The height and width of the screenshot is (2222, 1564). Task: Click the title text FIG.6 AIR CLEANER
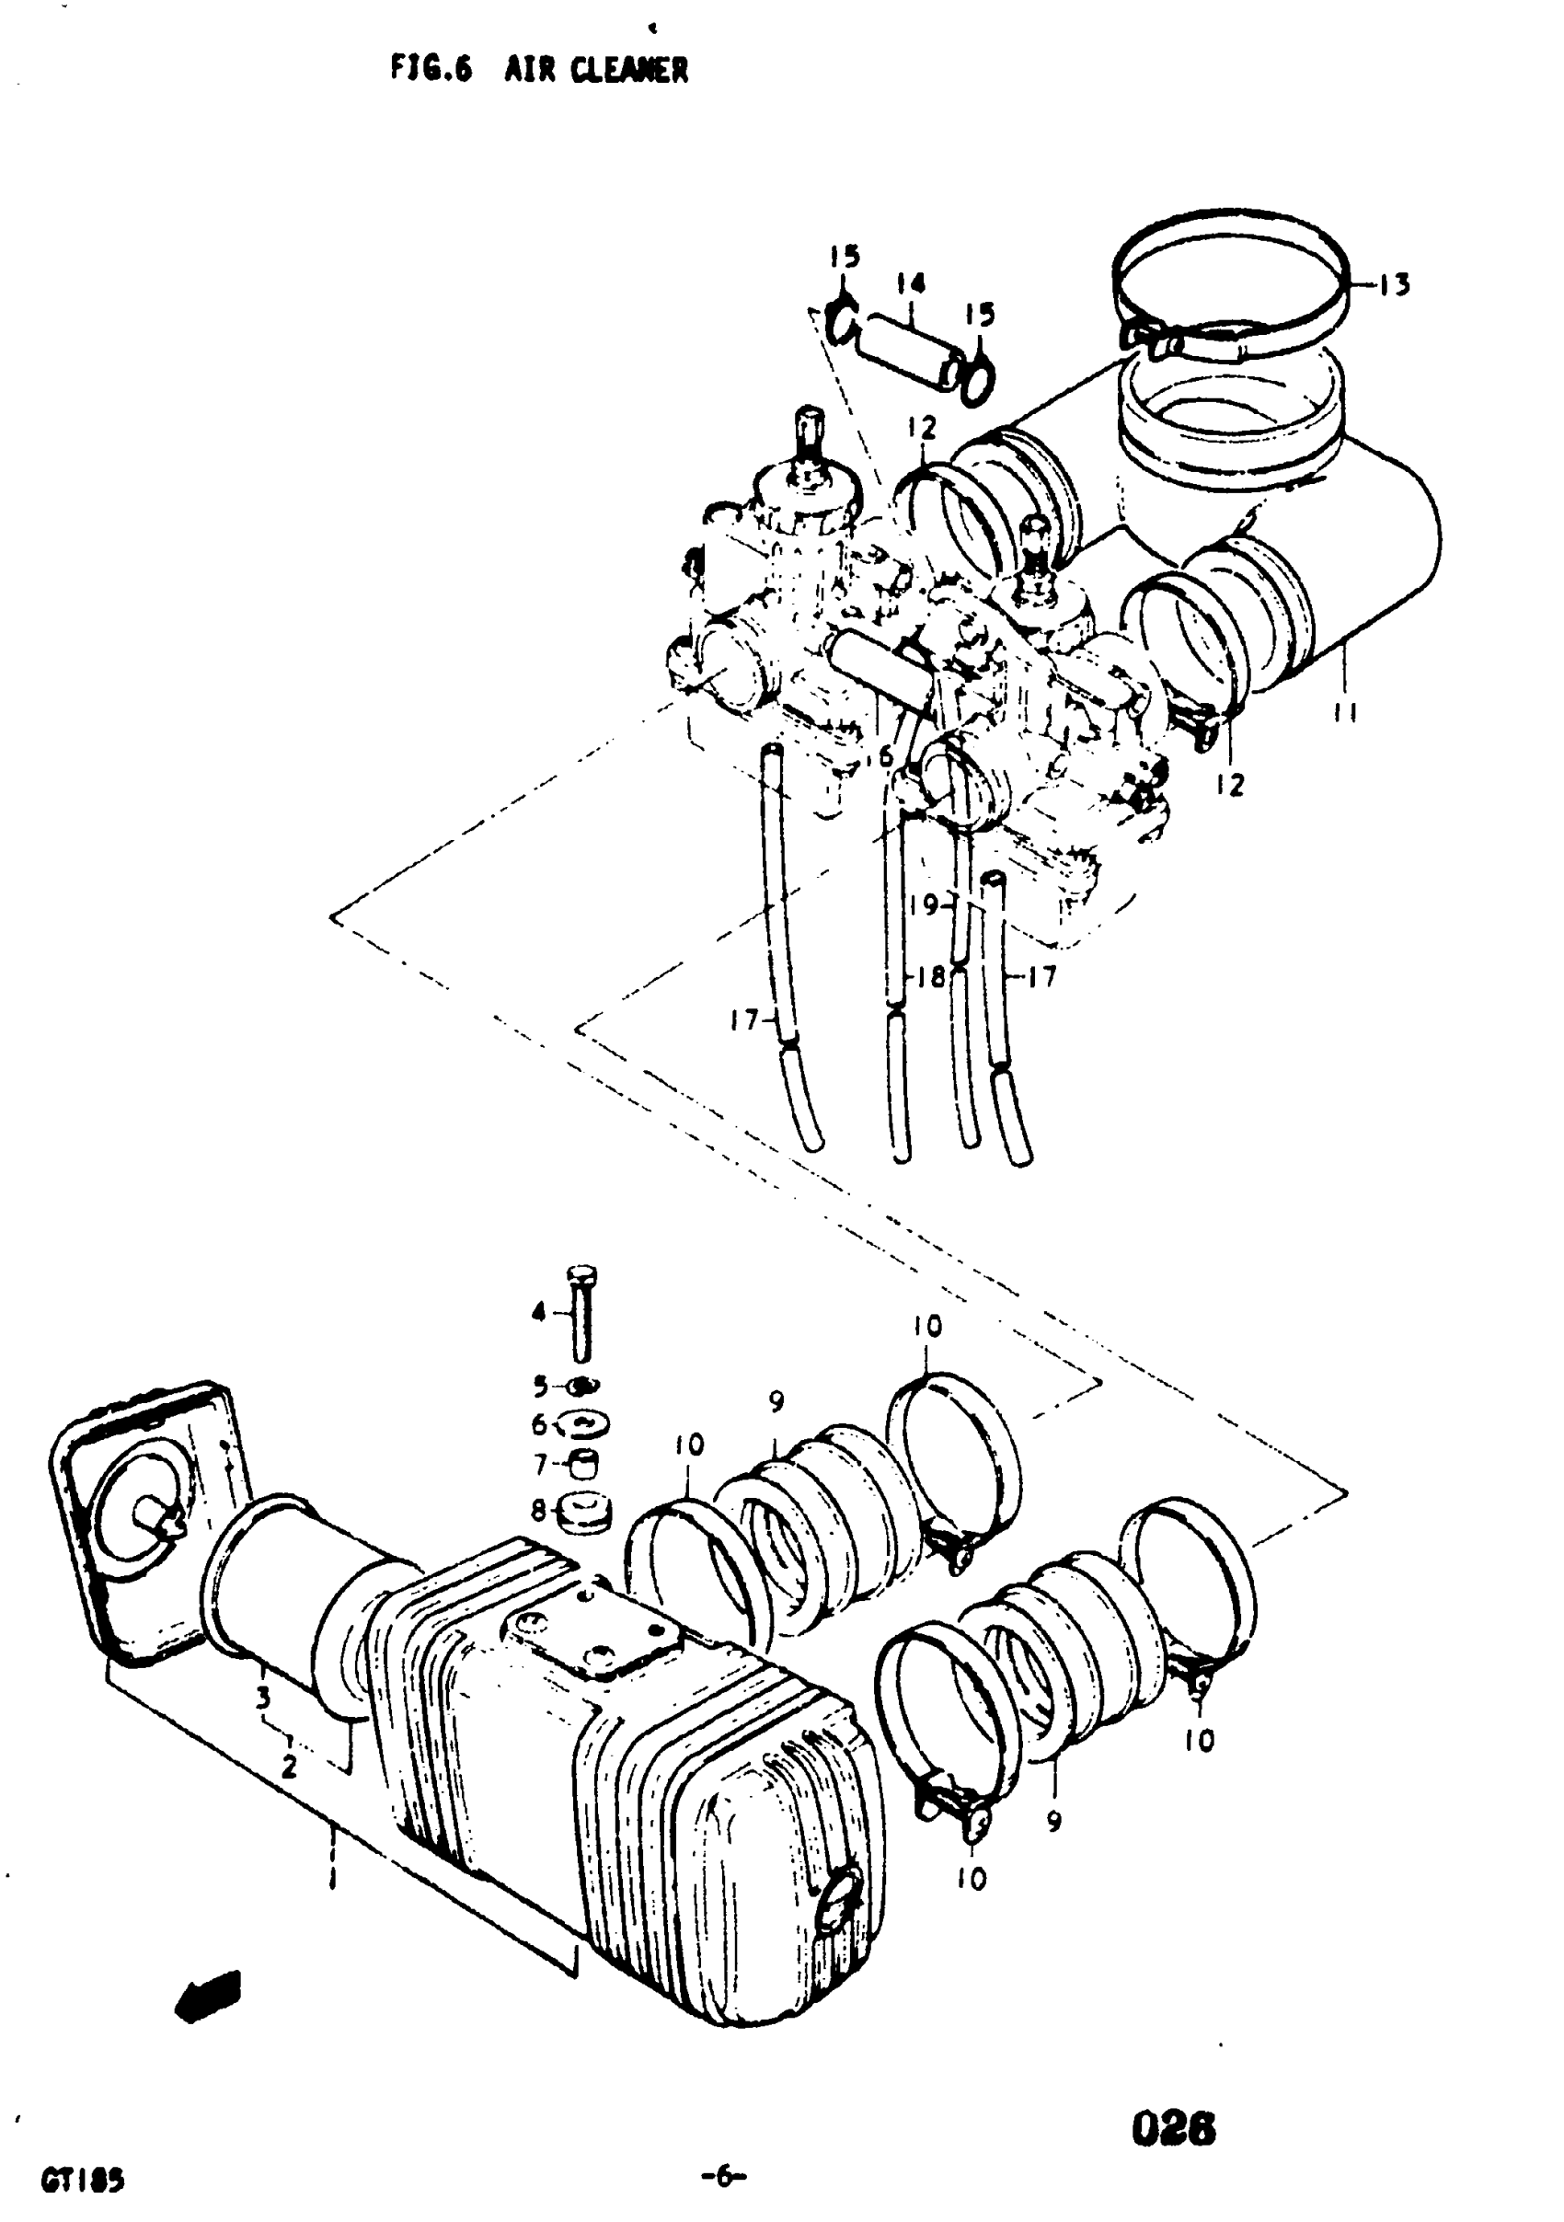pos(539,69)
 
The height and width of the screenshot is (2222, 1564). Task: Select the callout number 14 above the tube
pos(910,282)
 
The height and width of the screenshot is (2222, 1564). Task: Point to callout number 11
pos(1342,713)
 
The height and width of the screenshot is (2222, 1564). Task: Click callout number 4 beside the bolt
pos(539,1312)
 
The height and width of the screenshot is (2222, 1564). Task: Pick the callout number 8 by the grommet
pos(539,1509)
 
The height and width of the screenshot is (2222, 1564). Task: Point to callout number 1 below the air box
pos(332,1879)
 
